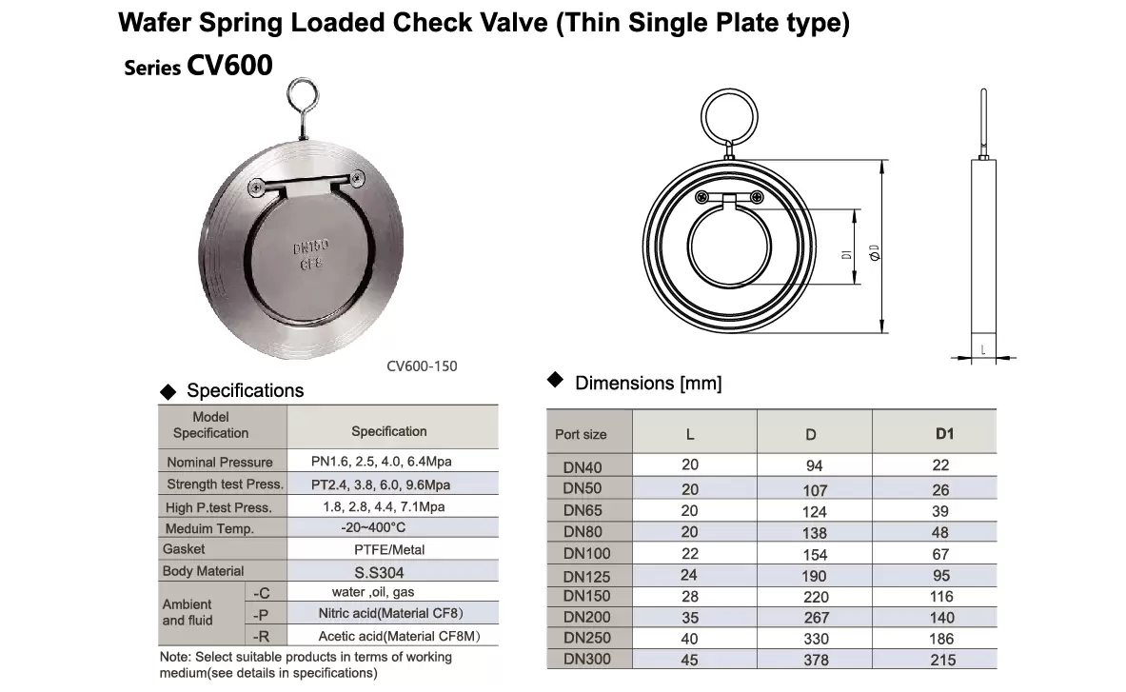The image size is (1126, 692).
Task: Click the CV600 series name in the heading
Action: (x=229, y=66)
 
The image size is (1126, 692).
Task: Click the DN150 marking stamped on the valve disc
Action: (x=310, y=247)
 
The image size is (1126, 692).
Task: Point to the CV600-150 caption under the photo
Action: (x=422, y=366)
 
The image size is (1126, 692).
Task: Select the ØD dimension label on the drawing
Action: (x=874, y=252)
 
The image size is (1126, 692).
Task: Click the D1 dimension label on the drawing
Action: (x=847, y=255)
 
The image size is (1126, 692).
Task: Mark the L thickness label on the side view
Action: (x=983, y=349)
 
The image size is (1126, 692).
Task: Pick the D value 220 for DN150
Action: (x=816, y=597)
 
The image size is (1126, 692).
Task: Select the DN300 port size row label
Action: (x=586, y=659)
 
